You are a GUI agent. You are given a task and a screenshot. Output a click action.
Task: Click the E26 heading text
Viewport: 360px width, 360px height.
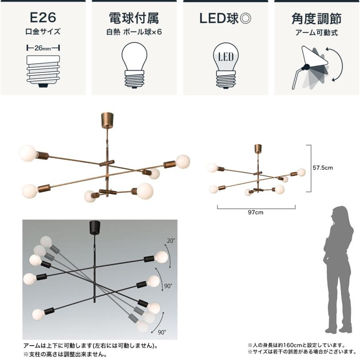pos(43,18)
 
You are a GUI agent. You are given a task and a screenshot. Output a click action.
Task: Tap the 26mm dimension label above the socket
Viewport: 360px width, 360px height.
pos(43,48)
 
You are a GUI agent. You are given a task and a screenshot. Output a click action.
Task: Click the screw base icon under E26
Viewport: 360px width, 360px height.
pos(43,71)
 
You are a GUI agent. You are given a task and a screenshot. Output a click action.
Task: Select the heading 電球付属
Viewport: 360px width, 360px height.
pos(134,18)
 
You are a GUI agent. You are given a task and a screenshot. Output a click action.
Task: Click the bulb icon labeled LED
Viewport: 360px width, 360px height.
pos(226,66)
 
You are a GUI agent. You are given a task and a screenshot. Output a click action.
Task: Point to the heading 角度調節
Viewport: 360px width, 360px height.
pos(317,18)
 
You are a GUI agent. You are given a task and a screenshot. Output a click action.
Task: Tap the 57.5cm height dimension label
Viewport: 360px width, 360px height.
pos(322,168)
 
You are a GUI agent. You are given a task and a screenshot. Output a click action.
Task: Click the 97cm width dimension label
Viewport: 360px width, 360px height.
pos(256,212)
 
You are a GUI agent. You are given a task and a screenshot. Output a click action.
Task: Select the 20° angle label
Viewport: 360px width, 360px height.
pos(171,240)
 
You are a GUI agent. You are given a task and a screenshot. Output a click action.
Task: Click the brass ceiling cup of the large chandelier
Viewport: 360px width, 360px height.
pos(107,120)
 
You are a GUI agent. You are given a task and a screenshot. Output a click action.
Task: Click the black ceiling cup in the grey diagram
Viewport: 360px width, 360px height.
pos(94,227)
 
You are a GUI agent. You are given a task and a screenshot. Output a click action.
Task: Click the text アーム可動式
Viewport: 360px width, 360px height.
pos(317,32)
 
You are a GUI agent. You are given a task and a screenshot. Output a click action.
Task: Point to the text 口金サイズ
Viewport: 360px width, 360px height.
pos(43,32)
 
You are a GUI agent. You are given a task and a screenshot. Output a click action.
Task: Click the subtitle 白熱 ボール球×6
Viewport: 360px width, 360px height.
pos(134,32)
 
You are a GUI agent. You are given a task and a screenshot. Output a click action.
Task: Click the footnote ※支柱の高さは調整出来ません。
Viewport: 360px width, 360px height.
pos(65,354)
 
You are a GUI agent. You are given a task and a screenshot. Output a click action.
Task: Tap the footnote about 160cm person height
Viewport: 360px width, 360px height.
pos(296,345)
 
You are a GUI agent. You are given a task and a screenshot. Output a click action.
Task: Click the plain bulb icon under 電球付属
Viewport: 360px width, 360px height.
pos(134,66)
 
